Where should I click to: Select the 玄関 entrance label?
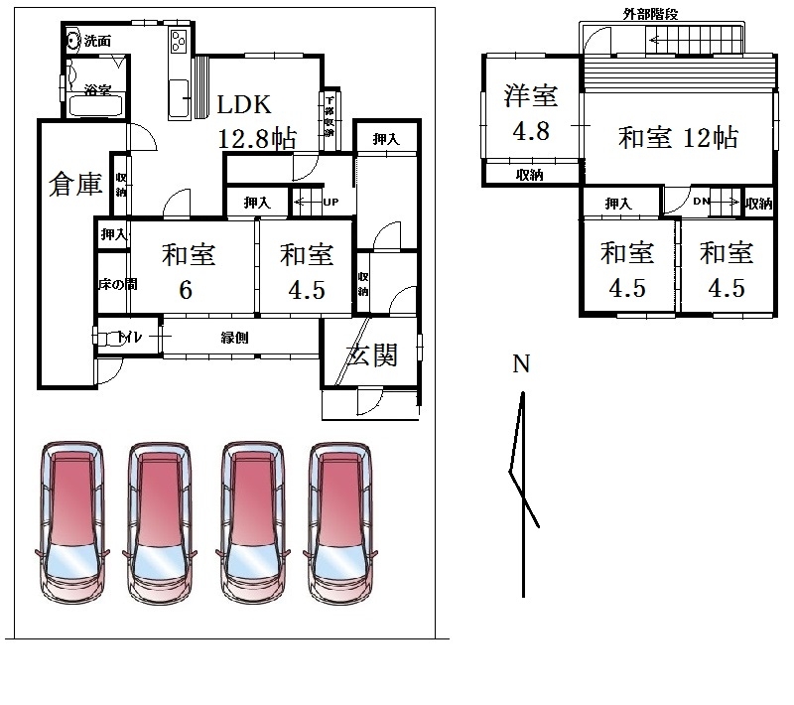[x=371, y=354]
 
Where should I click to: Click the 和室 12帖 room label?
[x=678, y=137]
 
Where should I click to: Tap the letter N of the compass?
[x=520, y=363]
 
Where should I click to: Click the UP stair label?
[x=330, y=203]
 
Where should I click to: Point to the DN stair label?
[x=702, y=203]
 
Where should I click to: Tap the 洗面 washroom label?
[x=97, y=42]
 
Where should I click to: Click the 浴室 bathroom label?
[x=96, y=91]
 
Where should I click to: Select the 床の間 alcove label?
[x=116, y=285]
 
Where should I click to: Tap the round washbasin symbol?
[x=73, y=41]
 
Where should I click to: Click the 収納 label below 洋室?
[x=529, y=176]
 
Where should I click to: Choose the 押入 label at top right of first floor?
[x=386, y=140]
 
